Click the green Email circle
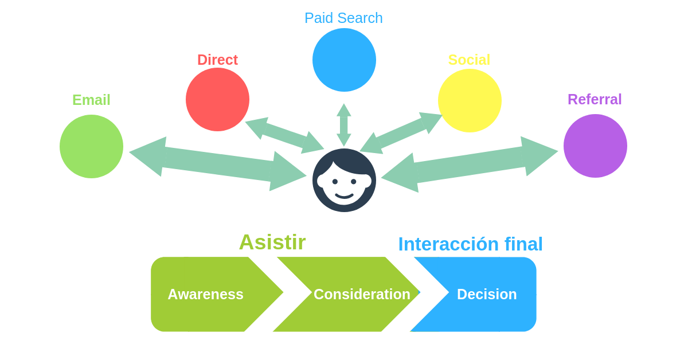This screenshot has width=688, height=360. pyautogui.click(x=91, y=146)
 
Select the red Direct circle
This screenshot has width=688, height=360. pyautogui.click(x=217, y=99)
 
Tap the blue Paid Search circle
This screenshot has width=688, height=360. pyautogui.click(x=344, y=60)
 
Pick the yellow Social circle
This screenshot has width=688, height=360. pyautogui.click(x=470, y=100)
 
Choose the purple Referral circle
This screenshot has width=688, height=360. pyautogui.click(x=595, y=146)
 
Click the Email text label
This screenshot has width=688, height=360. pyautogui.click(x=91, y=100)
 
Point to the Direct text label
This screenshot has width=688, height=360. pyautogui.click(x=217, y=60)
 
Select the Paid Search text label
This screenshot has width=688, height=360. pyautogui.click(x=343, y=18)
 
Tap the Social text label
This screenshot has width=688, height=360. pyautogui.click(x=469, y=60)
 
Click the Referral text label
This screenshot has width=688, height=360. pyautogui.click(x=595, y=99)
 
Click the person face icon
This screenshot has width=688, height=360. pyautogui.click(x=344, y=180)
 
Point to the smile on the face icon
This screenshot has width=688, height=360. pyautogui.click(x=344, y=196)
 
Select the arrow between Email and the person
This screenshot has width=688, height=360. pyautogui.click(x=218, y=163)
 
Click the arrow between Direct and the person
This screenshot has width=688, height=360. pyautogui.click(x=284, y=135)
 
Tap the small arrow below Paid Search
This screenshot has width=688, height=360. pyautogui.click(x=344, y=124)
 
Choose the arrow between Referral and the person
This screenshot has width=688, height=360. pyautogui.click(x=470, y=164)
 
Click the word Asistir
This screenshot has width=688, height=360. pyautogui.click(x=272, y=242)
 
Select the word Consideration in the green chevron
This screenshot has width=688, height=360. pyautogui.click(x=362, y=294)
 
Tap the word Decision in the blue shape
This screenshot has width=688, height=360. pyautogui.click(x=487, y=294)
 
